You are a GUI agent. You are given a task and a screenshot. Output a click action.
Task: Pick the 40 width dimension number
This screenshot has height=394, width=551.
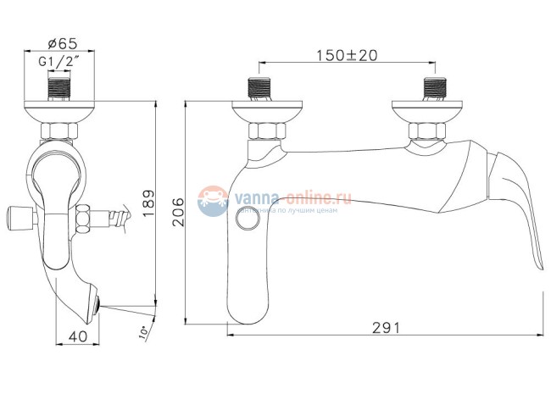point(77,336)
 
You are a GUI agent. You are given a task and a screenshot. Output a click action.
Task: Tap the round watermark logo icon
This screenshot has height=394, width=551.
point(212,202)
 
